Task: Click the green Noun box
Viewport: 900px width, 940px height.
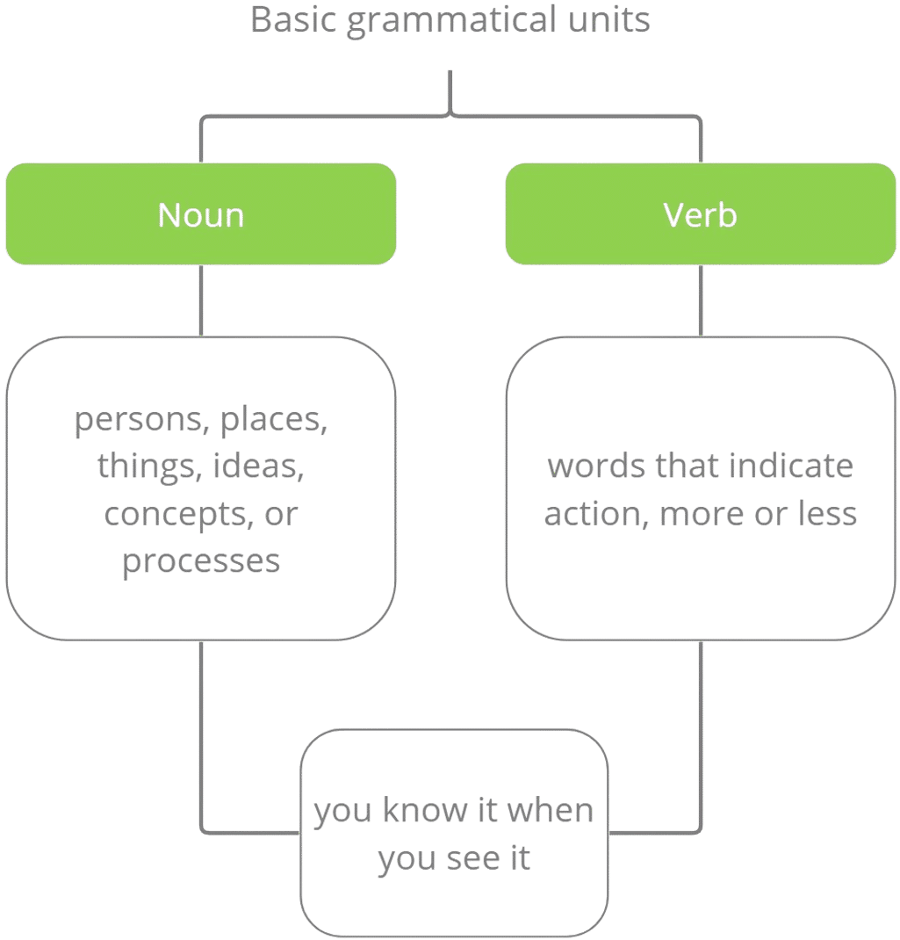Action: tap(201, 213)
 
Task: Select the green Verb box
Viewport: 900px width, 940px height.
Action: tap(700, 213)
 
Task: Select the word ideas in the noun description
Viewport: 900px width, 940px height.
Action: tap(259, 466)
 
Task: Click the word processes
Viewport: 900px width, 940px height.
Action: tap(201, 560)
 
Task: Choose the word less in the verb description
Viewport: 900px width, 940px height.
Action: tap(826, 513)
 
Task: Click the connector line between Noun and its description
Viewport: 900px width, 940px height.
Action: tap(202, 300)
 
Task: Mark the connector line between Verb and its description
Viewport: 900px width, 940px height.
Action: tap(701, 300)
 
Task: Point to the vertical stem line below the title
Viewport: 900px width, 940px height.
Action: tap(450, 92)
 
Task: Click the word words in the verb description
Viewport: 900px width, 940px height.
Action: tap(594, 466)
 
